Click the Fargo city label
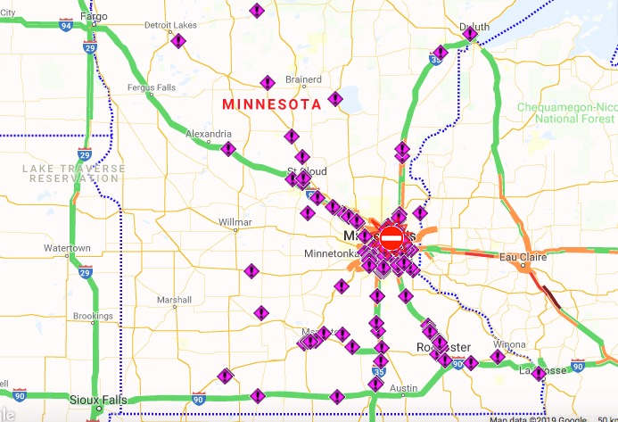coord(93,16)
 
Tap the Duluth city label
coord(474,27)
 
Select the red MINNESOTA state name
coord(271,104)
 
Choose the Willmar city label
coord(235,221)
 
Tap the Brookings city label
coord(93,316)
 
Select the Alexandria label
coord(208,134)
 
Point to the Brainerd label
coord(303,79)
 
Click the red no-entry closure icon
coord(391,238)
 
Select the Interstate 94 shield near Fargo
coord(66,27)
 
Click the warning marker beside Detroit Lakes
coord(178,41)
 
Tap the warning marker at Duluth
coord(470,35)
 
